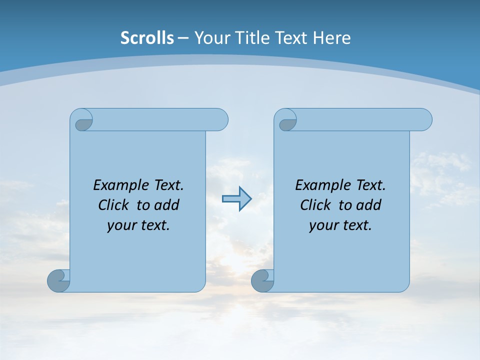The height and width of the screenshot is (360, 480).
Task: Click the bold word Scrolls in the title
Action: point(147,38)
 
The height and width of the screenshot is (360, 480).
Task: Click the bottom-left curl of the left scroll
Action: point(58,280)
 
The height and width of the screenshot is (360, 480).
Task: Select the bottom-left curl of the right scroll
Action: point(262,280)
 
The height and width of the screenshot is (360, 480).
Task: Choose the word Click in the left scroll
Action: point(113,205)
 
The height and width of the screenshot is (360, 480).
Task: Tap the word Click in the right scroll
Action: point(315,205)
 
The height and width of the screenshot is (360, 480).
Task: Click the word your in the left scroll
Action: point(121,225)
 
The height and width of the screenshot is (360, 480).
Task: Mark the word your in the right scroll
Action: point(323,225)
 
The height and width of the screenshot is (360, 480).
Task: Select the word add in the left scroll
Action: point(166,205)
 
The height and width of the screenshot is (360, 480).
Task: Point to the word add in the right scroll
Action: point(369,205)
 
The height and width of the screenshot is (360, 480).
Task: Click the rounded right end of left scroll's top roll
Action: point(220,119)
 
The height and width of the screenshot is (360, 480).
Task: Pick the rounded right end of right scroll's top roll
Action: point(424,119)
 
